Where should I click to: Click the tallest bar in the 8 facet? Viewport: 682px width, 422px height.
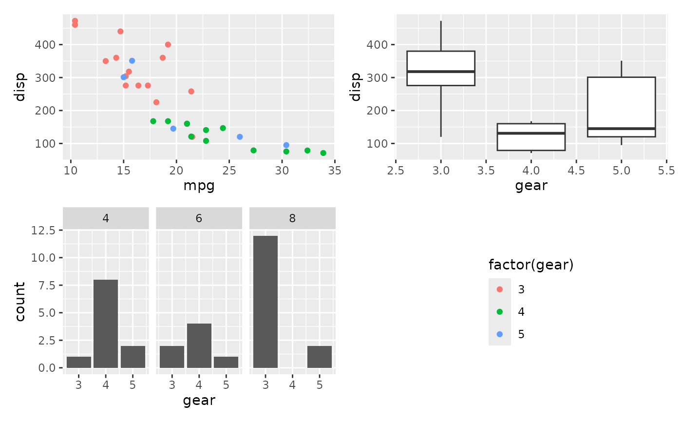(265, 302)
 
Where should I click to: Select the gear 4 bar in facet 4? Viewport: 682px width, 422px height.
(106, 324)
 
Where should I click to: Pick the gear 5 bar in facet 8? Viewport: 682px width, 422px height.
(320, 357)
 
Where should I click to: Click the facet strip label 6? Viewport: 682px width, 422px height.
(199, 218)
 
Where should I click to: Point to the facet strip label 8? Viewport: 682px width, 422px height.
(292, 218)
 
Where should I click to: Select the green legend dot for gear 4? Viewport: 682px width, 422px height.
(500, 312)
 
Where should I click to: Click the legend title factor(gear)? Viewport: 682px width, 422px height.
(531, 265)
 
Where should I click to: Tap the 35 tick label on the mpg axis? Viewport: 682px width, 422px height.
(335, 171)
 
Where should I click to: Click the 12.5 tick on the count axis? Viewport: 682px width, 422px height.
(47, 230)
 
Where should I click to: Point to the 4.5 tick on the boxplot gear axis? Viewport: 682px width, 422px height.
(576, 171)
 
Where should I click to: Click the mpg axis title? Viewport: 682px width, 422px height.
(199, 186)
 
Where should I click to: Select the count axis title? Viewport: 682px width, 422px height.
(20, 302)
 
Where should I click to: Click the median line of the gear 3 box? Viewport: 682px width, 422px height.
(441, 72)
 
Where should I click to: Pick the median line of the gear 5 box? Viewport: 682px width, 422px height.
(621, 129)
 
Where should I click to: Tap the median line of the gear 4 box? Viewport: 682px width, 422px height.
(531, 133)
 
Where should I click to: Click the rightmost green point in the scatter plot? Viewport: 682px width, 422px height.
(323, 153)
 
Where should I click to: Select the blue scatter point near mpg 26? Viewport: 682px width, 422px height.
(240, 137)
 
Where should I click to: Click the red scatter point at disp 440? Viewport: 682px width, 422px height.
(120, 31)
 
